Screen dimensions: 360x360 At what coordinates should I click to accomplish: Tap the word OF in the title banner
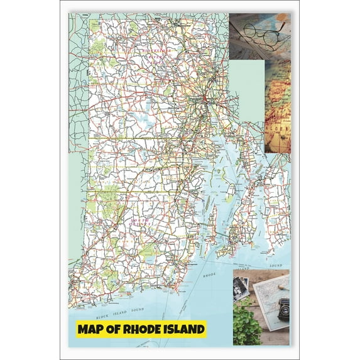[114, 328]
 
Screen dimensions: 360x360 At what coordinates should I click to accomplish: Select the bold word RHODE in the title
[144, 328]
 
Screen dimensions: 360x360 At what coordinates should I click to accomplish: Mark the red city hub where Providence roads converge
[205, 99]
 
